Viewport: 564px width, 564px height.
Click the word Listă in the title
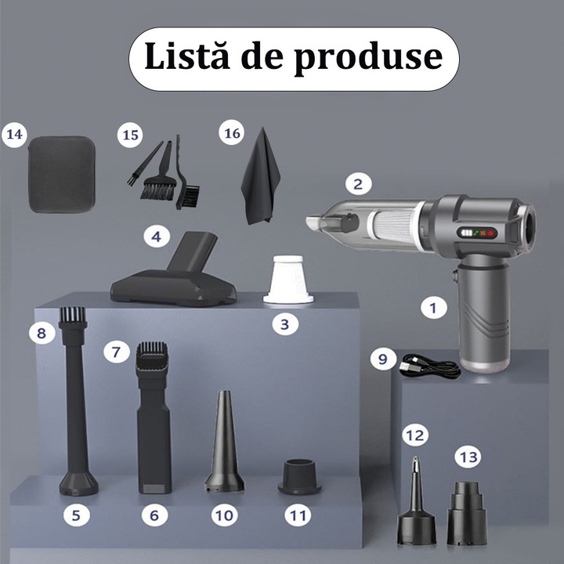(187, 56)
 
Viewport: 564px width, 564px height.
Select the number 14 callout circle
(14, 135)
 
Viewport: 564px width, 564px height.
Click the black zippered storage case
(62, 174)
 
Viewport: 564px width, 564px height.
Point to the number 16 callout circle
(232, 132)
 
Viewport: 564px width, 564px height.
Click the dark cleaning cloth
(260, 176)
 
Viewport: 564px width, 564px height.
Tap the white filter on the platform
(288, 280)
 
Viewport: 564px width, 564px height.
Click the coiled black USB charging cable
(429, 367)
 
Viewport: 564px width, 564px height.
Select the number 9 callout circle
(383, 359)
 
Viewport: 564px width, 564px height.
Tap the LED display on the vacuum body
(477, 233)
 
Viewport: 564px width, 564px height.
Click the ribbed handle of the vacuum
(484, 313)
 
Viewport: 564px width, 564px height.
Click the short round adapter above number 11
(299, 476)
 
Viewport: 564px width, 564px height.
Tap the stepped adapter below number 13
(467, 513)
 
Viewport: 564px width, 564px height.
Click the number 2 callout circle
(358, 184)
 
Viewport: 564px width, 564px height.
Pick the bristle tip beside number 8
(73, 314)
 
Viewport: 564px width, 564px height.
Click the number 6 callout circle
(154, 515)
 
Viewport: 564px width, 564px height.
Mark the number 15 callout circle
(130, 135)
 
